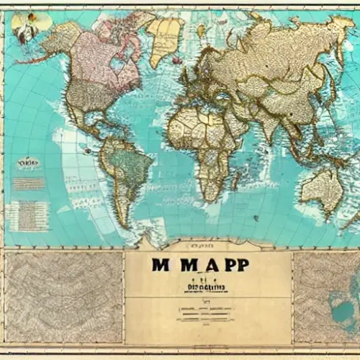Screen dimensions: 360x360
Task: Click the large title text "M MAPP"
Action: pos(201,266)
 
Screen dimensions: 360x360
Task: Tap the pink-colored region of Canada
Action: pos(108,61)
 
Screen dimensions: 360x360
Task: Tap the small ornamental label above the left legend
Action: pos(28,164)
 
